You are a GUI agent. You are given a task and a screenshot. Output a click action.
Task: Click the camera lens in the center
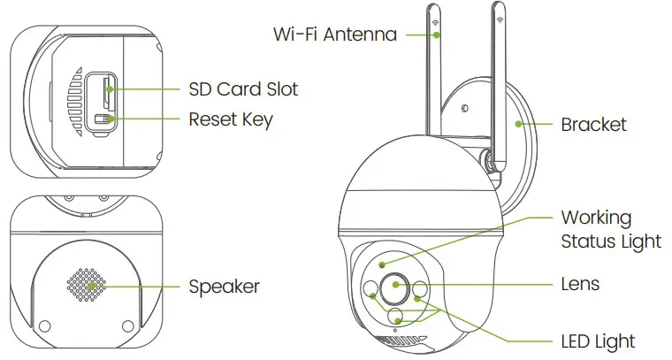393,287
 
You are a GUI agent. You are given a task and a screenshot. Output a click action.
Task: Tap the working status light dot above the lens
382,264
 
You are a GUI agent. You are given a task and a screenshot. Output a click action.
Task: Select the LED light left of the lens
370,289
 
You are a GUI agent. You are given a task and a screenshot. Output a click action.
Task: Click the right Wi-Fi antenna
496,88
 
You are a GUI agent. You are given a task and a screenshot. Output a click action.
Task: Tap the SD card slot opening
108,88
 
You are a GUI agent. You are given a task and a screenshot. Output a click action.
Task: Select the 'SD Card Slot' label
243,89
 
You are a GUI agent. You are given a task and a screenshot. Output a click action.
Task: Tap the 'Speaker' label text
225,287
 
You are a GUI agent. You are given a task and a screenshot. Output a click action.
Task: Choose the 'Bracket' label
593,125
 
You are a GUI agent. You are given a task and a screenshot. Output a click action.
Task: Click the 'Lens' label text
580,284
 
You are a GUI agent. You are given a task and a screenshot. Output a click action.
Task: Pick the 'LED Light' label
598,341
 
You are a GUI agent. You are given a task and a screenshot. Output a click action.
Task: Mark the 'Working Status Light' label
611,229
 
